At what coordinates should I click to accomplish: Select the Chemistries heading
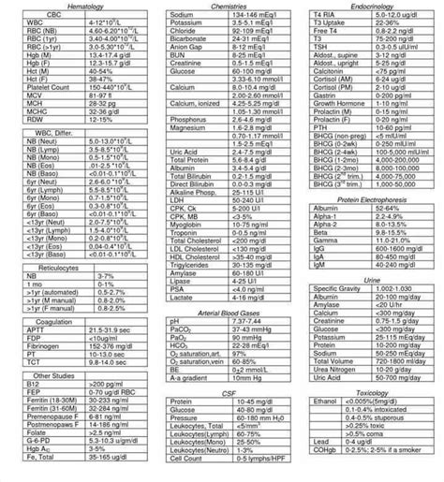coord(221,7)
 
